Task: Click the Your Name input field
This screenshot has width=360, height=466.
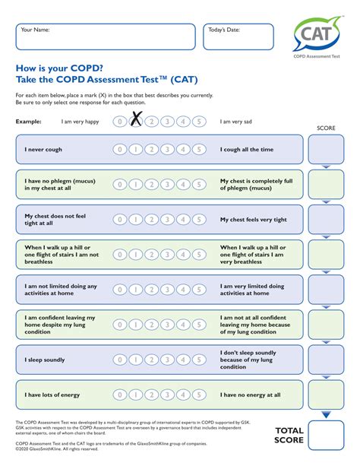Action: tap(106, 36)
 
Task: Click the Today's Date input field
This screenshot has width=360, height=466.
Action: tap(238, 36)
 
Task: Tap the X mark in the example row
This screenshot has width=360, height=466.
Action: tap(136, 120)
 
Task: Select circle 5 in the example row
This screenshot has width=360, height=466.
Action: tap(198, 121)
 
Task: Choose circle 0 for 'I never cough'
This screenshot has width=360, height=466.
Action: tap(119, 150)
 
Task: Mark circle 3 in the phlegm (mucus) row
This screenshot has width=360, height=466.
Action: tap(166, 185)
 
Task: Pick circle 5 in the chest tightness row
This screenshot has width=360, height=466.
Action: tap(198, 220)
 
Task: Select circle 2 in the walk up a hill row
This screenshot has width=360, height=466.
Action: tap(151, 255)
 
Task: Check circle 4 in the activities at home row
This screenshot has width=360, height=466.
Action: tap(182, 290)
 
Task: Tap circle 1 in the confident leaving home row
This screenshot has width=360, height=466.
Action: tap(135, 325)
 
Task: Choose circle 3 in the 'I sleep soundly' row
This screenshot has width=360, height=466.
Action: tap(166, 360)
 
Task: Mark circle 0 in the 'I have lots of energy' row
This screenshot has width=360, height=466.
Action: tap(119, 395)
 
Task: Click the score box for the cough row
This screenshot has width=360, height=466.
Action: tap(327, 150)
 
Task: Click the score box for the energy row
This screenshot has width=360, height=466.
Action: tap(327, 395)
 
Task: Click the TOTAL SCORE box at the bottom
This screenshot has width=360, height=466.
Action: tap(327, 434)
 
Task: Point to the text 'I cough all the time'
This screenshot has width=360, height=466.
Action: tap(246, 150)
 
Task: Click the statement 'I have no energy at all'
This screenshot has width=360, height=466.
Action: tap(250, 395)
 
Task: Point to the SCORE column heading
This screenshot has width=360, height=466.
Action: tap(326, 128)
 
